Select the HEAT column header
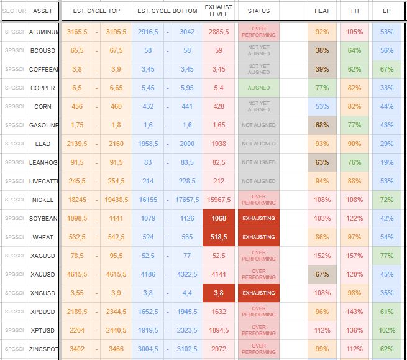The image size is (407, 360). pyautogui.click(x=322, y=11)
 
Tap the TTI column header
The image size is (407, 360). pyautogui.click(x=354, y=11)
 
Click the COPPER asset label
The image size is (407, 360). pyautogui.click(x=43, y=88)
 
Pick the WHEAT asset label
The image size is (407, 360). pyautogui.click(x=43, y=237)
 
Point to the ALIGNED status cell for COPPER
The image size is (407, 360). pyautogui.click(x=258, y=88)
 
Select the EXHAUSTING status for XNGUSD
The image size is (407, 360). pyautogui.click(x=258, y=293)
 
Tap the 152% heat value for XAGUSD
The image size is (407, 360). pyautogui.click(x=322, y=256)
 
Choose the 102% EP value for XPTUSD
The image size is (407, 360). pyautogui.click(x=386, y=330)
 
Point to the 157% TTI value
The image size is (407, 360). pyautogui.click(x=354, y=256)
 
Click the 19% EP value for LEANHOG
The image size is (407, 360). pyautogui.click(x=386, y=162)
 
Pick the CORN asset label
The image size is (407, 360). pyautogui.click(x=43, y=106)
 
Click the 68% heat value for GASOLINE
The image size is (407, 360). pyautogui.click(x=322, y=125)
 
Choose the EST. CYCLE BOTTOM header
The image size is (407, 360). pyautogui.click(x=167, y=11)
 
